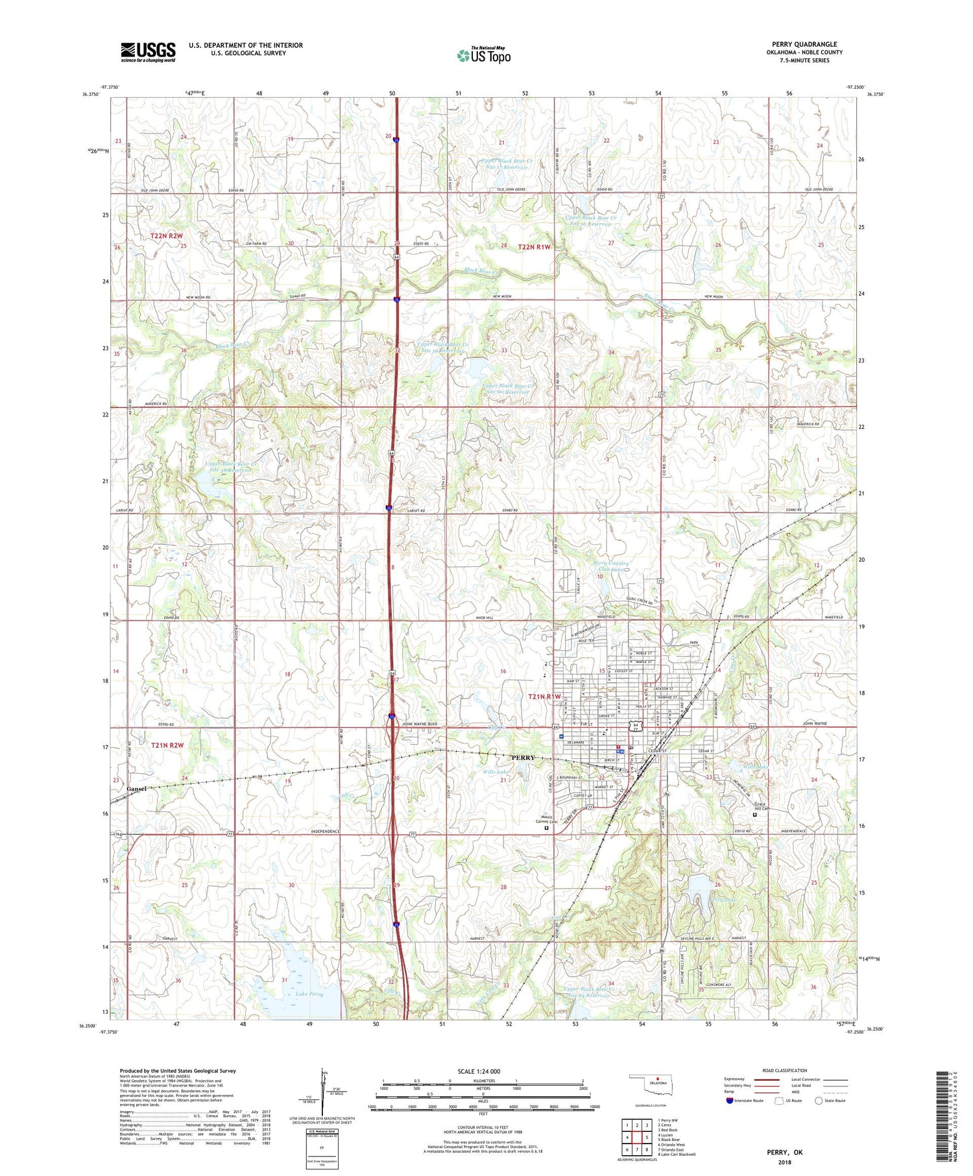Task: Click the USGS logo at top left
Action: pyautogui.click(x=148, y=52)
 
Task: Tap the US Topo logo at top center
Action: pyautogui.click(x=484, y=56)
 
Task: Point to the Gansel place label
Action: pyautogui.click(x=137, y=788)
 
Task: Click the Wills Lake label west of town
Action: pyautogui.click(x=496, y=772)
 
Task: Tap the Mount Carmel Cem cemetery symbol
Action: pyautogui.click(x=546, y=828)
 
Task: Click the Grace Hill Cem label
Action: pyautogui.click(x=760, y=808)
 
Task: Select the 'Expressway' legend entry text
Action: pyautogui.click(x=737, y=1079)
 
